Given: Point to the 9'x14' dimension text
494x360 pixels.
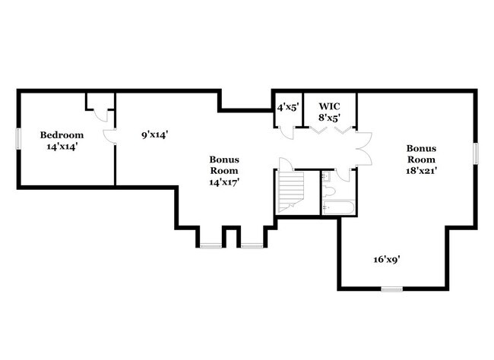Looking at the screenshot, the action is [x=154, y=134].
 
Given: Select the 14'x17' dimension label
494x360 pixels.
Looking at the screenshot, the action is [x=225, y=183].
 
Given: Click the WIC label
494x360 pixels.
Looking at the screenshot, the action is [x=329, y=106].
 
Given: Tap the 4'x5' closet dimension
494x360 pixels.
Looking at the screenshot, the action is [x=287, y=106].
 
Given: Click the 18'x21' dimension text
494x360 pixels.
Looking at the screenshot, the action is [x=420, y=171].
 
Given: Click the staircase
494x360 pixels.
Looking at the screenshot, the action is [x=290, y=192].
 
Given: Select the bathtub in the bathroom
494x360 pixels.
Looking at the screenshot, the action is [x=338, y=207].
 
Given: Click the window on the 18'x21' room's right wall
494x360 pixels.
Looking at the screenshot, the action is [x=476, y=152].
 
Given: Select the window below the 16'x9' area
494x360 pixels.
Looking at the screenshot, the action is [x=391, y=289].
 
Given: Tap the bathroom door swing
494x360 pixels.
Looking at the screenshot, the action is [x=343, y=175].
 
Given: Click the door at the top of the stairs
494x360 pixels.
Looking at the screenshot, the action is [x=286, y=165].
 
